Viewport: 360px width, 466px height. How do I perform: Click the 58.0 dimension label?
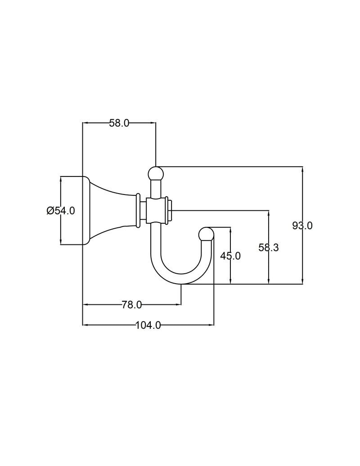119,123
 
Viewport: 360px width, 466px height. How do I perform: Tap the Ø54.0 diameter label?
61,211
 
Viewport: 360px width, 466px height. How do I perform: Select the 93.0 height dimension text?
302,226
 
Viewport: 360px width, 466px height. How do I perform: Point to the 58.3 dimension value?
269,247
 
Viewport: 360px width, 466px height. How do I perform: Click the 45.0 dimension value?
230,256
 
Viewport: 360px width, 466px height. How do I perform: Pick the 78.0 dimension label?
131,305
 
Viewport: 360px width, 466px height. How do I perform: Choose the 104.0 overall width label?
148,325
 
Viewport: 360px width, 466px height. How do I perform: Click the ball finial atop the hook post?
156,173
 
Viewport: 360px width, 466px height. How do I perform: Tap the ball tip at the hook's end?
206,234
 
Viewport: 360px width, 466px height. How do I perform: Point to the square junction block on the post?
156,211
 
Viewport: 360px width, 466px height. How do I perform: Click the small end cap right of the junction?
170,211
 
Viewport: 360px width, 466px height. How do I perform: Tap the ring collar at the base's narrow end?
138,210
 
